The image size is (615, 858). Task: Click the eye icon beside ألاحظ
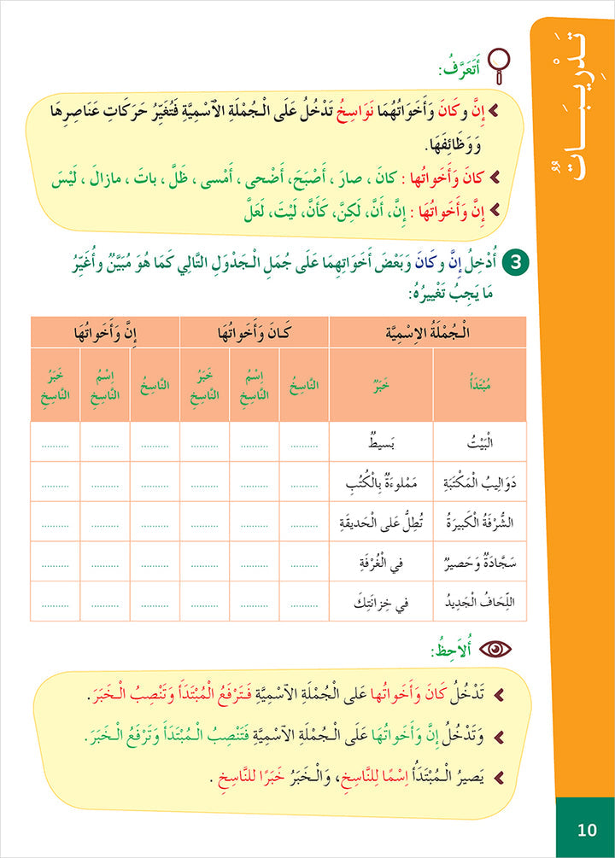coord(494,649)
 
